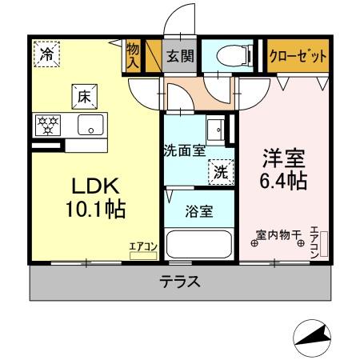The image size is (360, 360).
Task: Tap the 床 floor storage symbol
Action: [x=83, y=96]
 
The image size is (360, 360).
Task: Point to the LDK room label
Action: [x=96, y=186]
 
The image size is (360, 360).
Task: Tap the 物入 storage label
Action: [x=133, y=55]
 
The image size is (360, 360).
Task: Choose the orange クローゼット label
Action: [x=298, y=56]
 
